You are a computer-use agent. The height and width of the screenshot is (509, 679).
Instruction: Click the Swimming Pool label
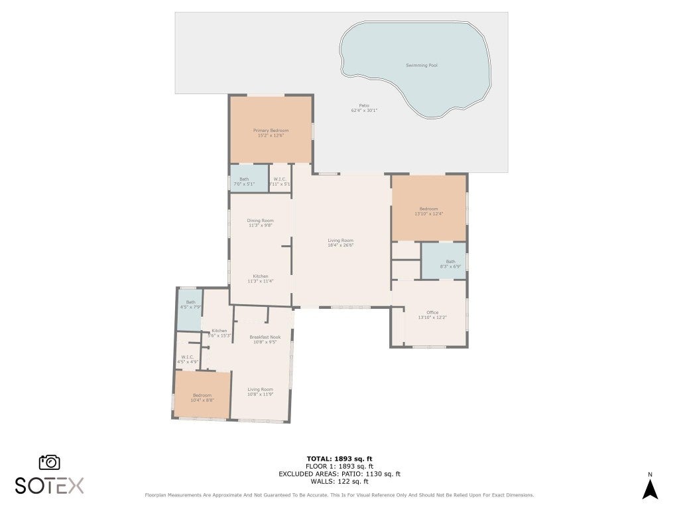pos(422,66)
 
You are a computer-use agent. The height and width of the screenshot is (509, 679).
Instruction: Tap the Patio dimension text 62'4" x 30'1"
pos(364,111)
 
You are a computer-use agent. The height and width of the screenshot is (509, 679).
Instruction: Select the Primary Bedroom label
pos(271,131)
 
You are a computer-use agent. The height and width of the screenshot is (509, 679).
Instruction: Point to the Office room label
pos(432,312)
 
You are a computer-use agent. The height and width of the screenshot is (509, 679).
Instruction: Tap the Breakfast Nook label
pos(265,337)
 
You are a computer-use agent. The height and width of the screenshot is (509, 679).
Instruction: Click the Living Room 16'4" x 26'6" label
pos(341,241)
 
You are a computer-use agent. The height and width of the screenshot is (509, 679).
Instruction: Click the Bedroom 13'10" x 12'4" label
pos(428,209)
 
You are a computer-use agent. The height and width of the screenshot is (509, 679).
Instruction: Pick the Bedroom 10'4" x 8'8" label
pos(202,395)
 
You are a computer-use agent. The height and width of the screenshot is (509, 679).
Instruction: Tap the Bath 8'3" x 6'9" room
pos(444,261)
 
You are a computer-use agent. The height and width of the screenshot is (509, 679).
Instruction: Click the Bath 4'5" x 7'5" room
pos(189,310)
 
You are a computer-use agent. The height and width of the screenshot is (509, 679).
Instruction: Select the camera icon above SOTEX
pos(50,462)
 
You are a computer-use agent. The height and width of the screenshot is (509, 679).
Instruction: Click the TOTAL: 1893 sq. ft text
pos(339,459)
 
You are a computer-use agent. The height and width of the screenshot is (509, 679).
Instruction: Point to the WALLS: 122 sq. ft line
pos(339,481)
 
